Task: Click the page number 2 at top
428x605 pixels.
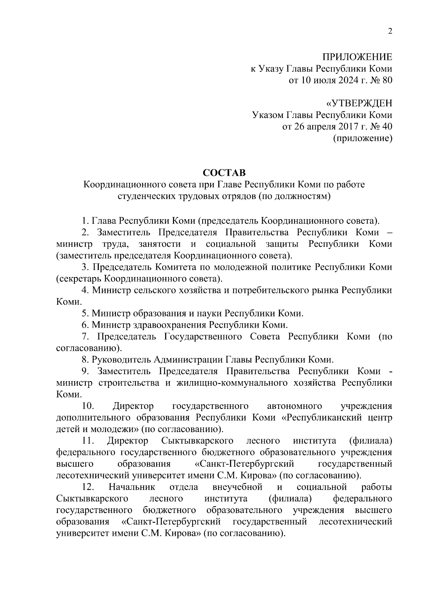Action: click(x=390, y=31)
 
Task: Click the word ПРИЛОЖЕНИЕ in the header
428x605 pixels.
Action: click(x=357, y=57)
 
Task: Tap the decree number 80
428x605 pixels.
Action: click(x=387, y=80)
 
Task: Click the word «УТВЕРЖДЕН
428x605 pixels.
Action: click(x=359, y=104)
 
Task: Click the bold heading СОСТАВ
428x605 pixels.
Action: click(x=224, y=173)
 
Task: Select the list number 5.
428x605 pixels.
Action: click(x=85, y=313)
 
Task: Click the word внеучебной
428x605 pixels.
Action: click(x=237, y=487)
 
